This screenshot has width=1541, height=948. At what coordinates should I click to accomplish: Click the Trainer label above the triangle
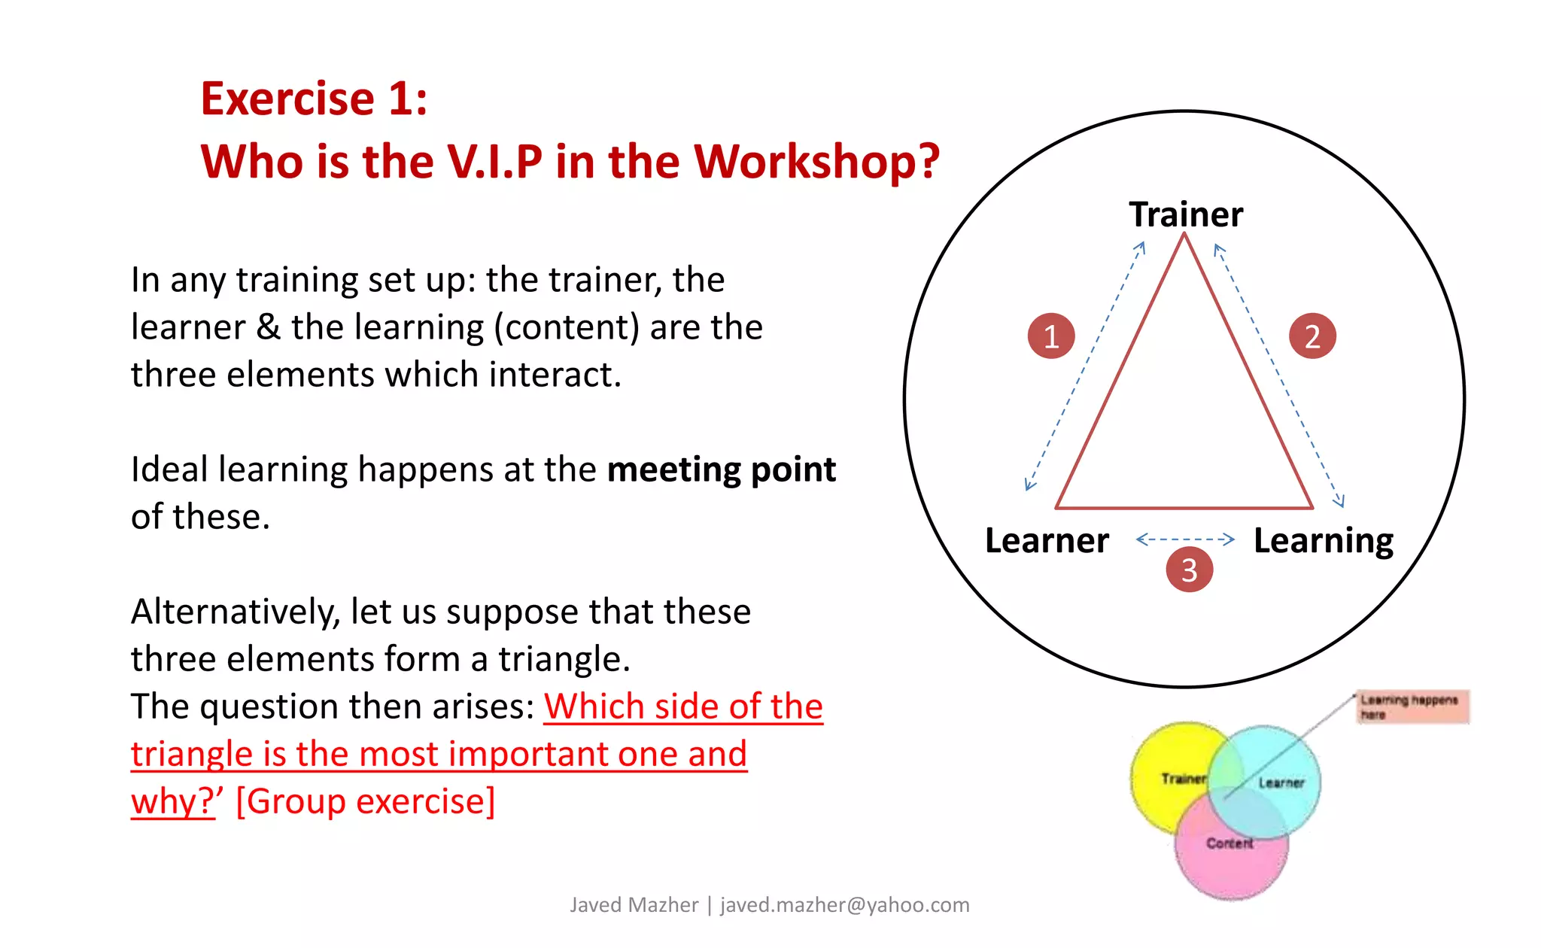[x=1185, y=214]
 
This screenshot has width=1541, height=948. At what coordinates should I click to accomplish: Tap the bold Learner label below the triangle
[x=1047, y=540]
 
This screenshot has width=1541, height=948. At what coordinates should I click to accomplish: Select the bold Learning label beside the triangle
[x=1323, y=540]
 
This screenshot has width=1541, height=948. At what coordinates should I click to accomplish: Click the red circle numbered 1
[x=1050, y=336]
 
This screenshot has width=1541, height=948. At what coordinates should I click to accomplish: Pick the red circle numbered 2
[x=1312, y=336]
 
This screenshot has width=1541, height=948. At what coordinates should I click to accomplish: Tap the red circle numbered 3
[x=1189, y=570]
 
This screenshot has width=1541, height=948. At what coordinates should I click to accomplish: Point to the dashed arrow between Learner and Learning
[x=1185, y=539]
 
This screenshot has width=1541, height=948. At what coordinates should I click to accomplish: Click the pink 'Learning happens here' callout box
[x=1412, y=706]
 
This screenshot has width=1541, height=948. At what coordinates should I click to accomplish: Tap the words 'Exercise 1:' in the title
[x=314, y=99]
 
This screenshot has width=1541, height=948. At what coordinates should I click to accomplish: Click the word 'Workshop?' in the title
[x=816, y=161]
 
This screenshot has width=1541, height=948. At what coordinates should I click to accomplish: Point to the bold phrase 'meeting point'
[x=721, y=469]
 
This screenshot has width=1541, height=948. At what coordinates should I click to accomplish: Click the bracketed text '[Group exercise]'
[x=366, y=801]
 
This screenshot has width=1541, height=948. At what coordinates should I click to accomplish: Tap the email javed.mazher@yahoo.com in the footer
[x=844, y=904]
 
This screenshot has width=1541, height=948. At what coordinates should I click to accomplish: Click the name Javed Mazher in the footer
[x=634, y=904]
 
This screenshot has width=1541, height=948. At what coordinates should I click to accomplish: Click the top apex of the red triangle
[x=1184, y=235]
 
